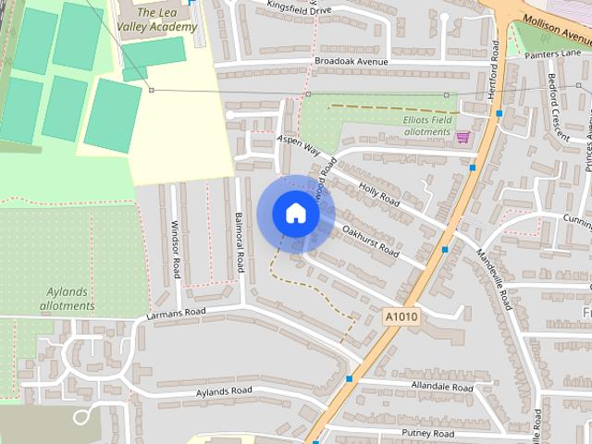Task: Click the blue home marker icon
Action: click(x=295, y=213)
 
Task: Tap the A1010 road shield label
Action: click(x=401, y=317)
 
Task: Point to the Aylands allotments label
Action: click(x=70, y=298)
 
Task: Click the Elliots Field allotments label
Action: click(x=429, y=126)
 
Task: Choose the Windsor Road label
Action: click(x=175, y=249)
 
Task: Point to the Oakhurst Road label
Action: click(x=370, y=240)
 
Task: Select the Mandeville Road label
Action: click(x=495, y=277)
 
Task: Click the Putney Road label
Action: click(x=427, y=433)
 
